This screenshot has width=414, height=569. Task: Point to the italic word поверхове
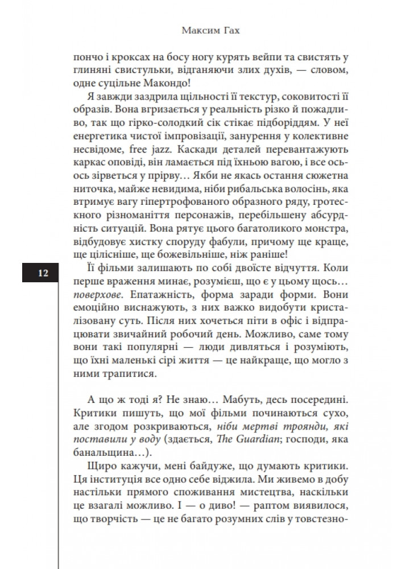98,297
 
